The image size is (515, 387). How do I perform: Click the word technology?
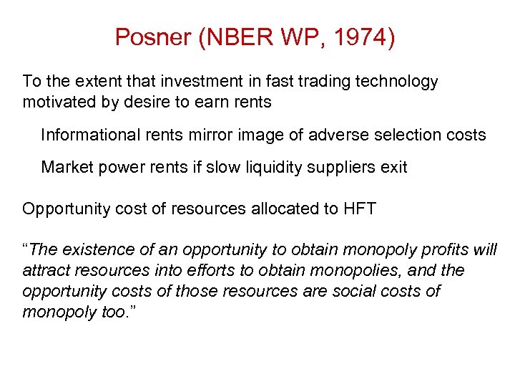click(399, 82)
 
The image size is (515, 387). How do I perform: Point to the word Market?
click(65, 168)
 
